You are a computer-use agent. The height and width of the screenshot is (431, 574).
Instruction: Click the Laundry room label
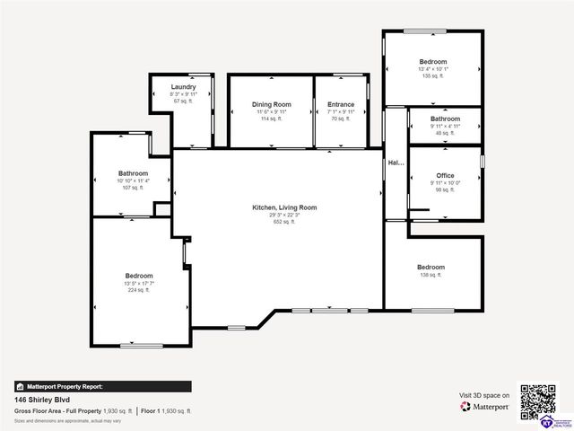pos(183,86)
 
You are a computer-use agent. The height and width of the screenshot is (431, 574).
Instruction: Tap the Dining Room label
pos(271,104)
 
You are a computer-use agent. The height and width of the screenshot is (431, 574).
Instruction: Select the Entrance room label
pos(341,104)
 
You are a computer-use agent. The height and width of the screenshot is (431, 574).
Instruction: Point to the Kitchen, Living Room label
pos(283,207)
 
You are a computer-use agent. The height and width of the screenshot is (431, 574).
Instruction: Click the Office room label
pos(445,175)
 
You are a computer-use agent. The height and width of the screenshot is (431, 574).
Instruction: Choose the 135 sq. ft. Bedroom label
pos(431,62)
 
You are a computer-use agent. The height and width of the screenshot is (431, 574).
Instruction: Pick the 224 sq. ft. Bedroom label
pos(139,276)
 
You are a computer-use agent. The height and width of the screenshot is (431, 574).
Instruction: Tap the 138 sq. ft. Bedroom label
pos(430,267)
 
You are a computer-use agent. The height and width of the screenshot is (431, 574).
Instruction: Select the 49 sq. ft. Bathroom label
pos(445,119)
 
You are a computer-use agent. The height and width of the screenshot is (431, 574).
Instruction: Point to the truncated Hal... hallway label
pos(395,163)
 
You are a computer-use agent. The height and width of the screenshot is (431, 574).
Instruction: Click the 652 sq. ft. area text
pos(283,222)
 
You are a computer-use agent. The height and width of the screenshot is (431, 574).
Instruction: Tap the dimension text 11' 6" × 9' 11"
pos(271,111)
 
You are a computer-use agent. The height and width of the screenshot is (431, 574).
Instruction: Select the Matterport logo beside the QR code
pos(485,407)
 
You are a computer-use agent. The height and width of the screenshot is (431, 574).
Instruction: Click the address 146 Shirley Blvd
pos(42,400)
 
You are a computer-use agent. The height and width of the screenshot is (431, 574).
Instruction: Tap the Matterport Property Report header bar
pos(103,386)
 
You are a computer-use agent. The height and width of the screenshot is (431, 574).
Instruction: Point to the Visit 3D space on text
pos(484,395)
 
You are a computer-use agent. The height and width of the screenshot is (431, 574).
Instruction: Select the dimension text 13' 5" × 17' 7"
pos(139,284)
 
